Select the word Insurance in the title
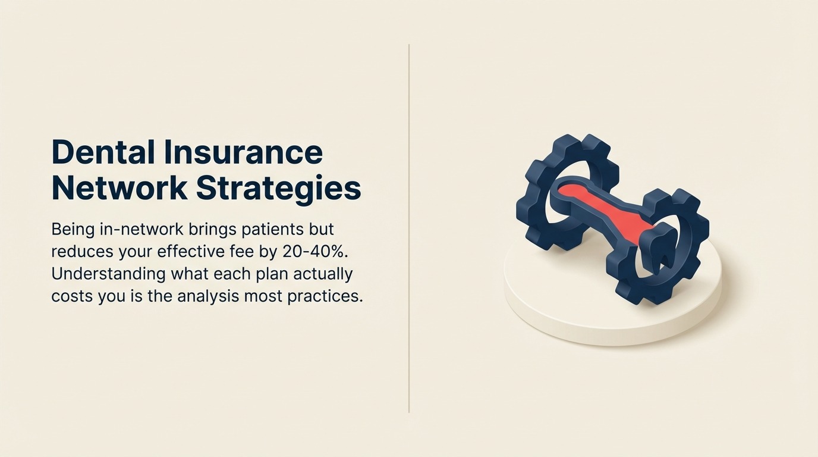pyautogui.click(x=243, y=152)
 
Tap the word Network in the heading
pyautogui.click(x=119, y=188)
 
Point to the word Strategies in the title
pyautogui.click(x=278, y=188)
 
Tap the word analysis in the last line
pyautogui.click(x=207, y=296)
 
